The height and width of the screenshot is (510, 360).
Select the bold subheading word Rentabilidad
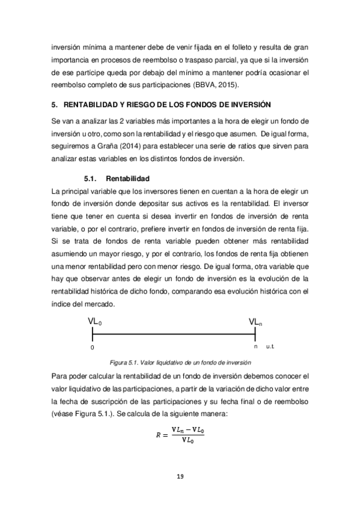pos(127,179)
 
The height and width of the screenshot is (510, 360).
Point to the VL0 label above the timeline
pos(95,323)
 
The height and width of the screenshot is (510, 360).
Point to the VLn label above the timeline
pos(255,323)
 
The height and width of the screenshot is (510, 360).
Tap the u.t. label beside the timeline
pos(270,347)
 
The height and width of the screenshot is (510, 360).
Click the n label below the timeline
pos(255,347)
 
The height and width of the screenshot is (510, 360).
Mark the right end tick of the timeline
pos(260,335)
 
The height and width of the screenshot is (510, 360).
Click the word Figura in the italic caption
pos(120,362)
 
